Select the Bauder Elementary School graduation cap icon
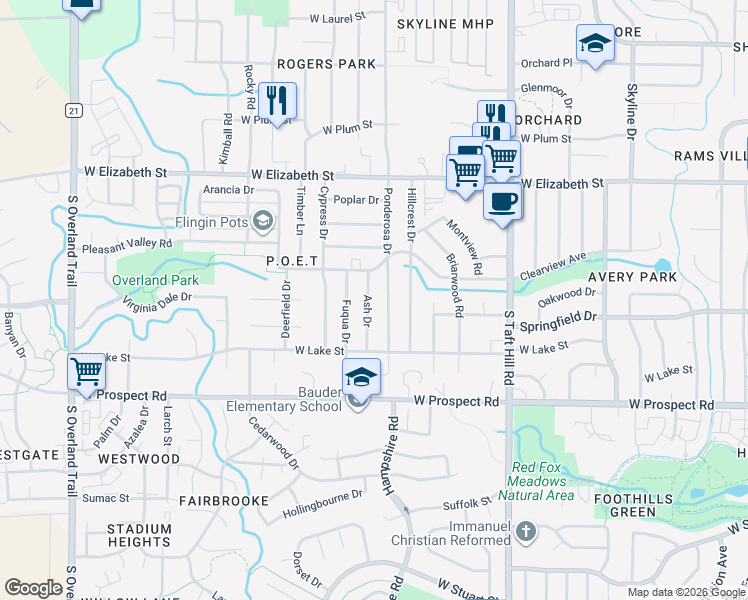pos(361,377)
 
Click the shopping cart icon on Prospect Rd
pos(87,372)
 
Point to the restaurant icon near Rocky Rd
pos(277,100)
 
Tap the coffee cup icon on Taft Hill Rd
pos(502,201)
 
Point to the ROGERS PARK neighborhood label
pos(327,64)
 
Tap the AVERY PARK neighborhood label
pos(632,277)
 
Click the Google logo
pos(34,588)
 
